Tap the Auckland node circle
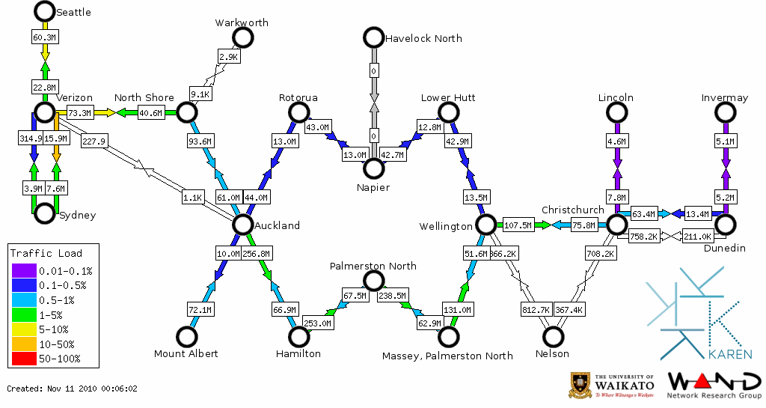(x=242, y=224)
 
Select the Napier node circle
(x=373, y=168)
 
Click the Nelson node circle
(x=553, y=337)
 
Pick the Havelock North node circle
(x=373, y=37)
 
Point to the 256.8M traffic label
(x=257, y=254)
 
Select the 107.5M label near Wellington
(x=518, y=225)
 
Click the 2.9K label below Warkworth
(x=228, y=56)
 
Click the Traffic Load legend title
(x=46, y=253)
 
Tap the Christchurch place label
(x=572, y=210)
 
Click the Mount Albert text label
(x=186, y=353)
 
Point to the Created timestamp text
(x=73, y=389)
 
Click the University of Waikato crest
(x=581, y=384)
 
